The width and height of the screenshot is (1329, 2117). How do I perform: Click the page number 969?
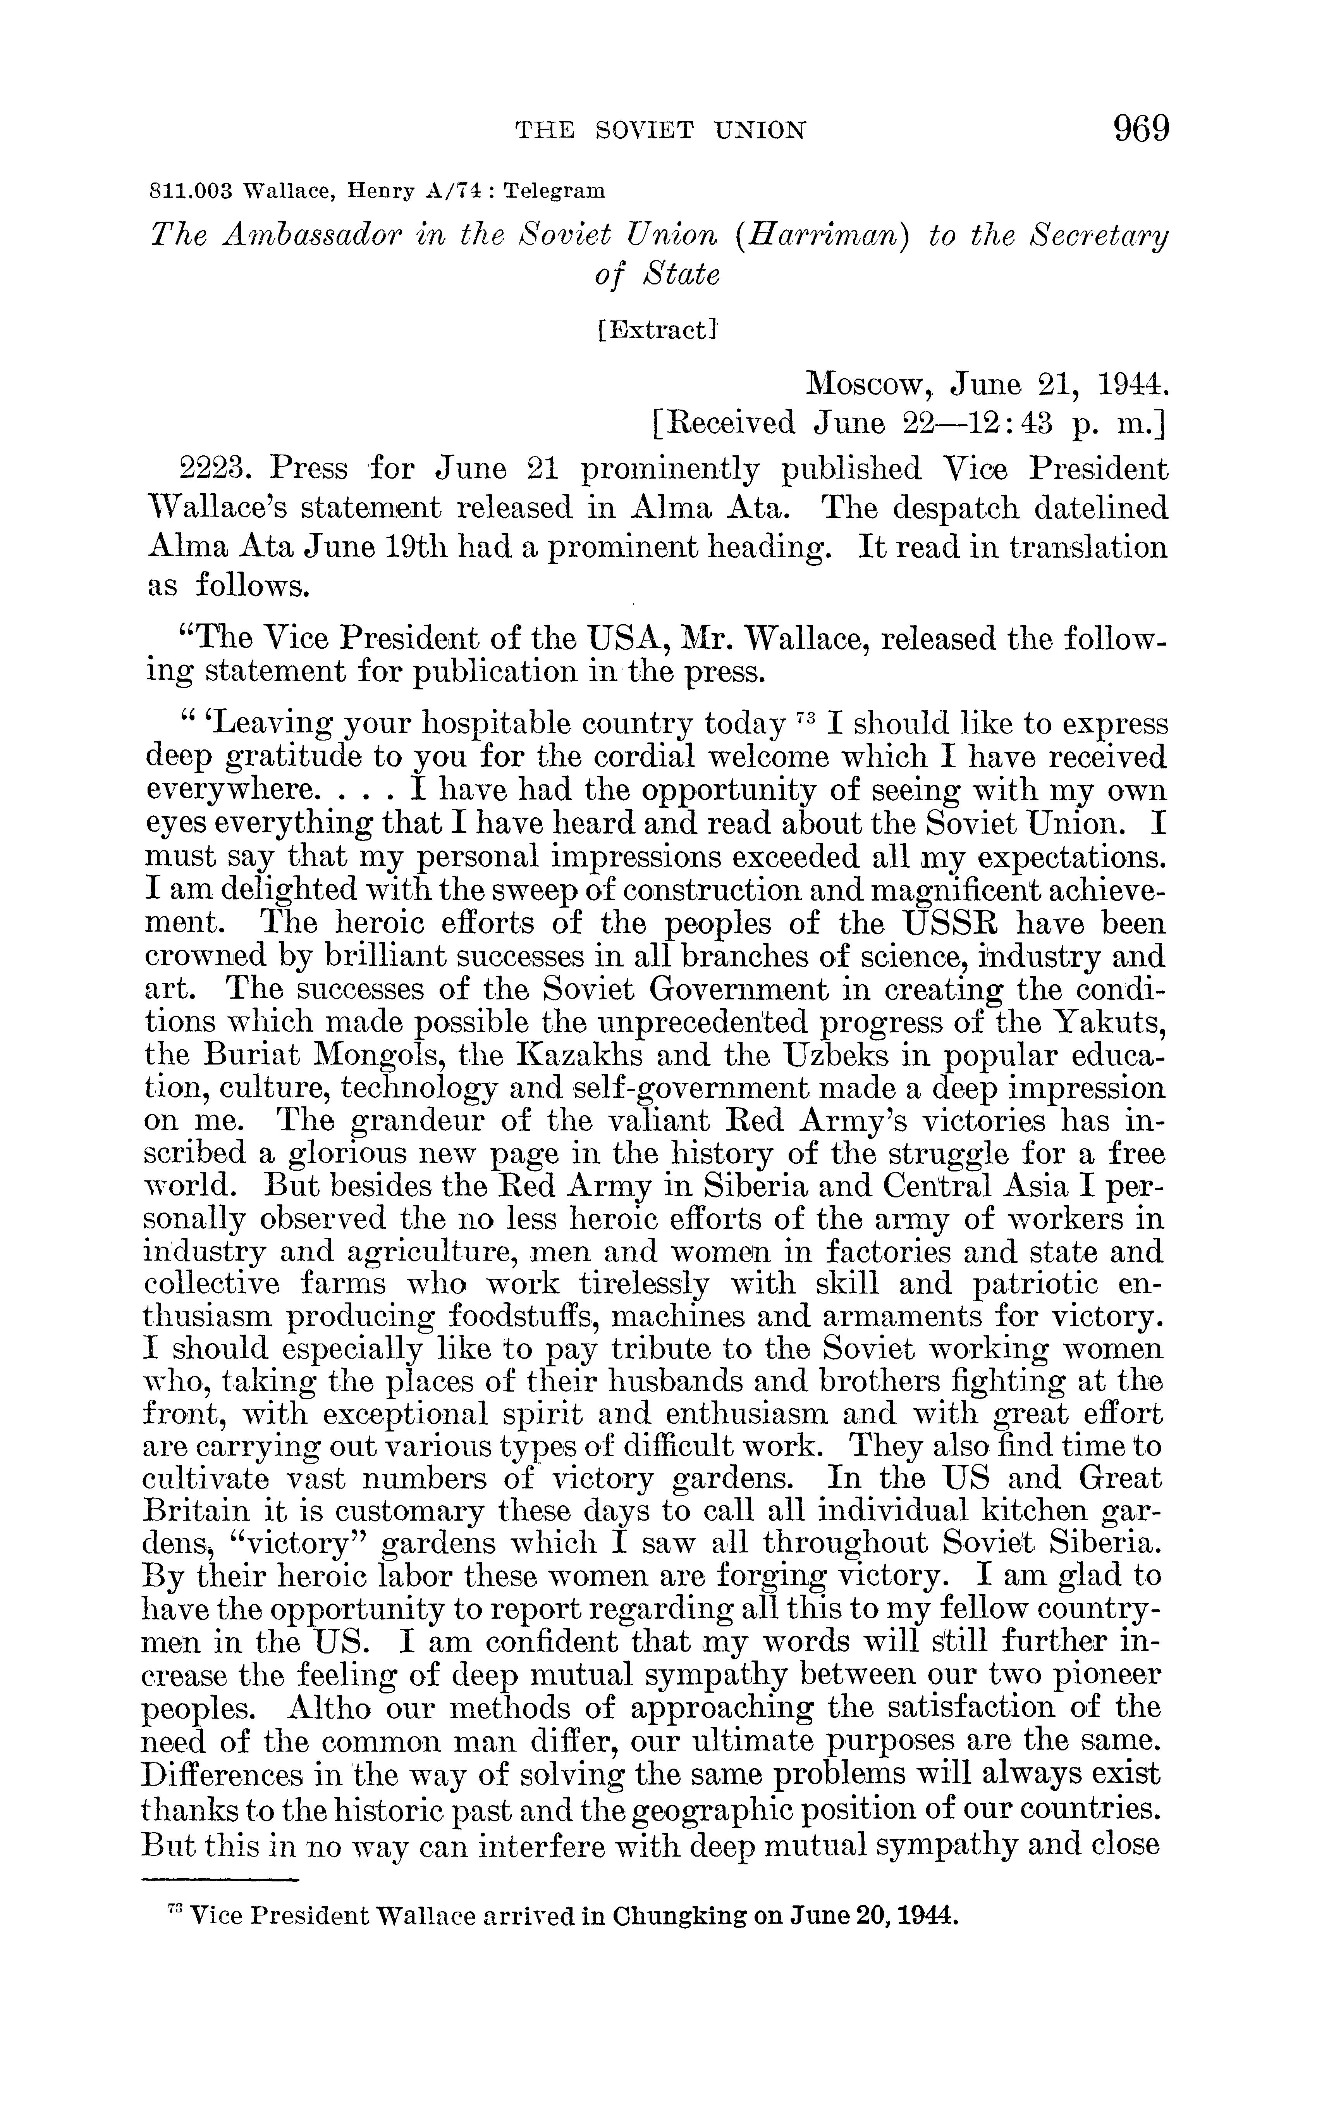[x=1142, y=130]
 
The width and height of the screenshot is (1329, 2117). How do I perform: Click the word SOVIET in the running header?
[x=645, y=131]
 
